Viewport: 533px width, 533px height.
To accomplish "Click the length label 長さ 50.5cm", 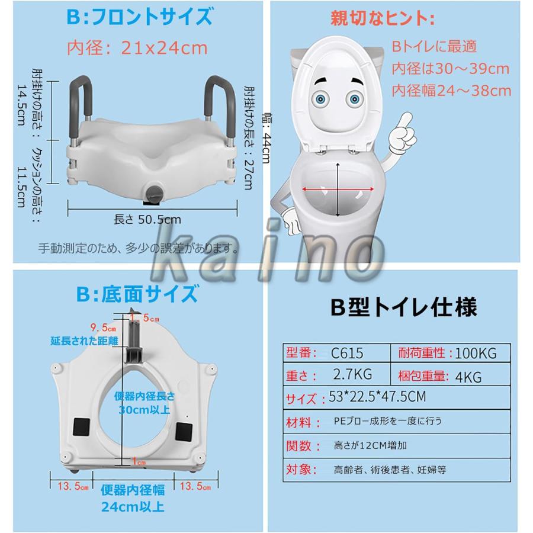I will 147,219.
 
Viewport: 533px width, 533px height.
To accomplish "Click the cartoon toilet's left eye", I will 323,98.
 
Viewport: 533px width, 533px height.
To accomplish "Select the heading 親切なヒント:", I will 382,18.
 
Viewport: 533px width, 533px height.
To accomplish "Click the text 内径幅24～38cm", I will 451,91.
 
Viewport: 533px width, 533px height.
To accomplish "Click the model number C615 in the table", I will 348,353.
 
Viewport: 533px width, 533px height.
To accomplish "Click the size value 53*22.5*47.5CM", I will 377,397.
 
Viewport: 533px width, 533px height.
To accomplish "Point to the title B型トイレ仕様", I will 403,307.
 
